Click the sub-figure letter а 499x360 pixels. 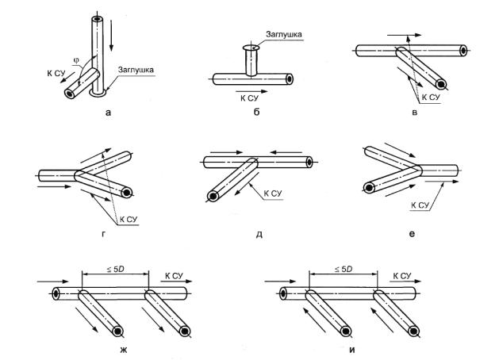(107, 113)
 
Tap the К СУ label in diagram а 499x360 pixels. (56, 74)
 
